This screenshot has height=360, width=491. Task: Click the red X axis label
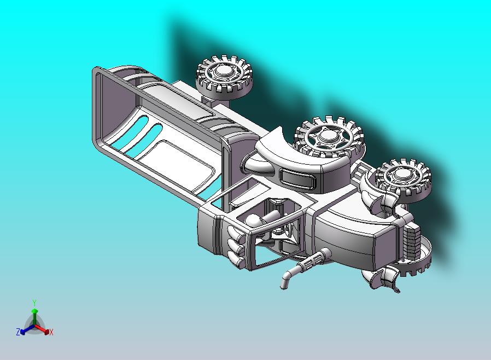click(x=51, y=333)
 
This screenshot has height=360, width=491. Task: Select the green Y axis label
click(x=34, y=303)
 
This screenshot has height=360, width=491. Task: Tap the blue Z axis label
click(x=18, y=332)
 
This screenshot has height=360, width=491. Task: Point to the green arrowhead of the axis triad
click(x=34, y=311)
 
